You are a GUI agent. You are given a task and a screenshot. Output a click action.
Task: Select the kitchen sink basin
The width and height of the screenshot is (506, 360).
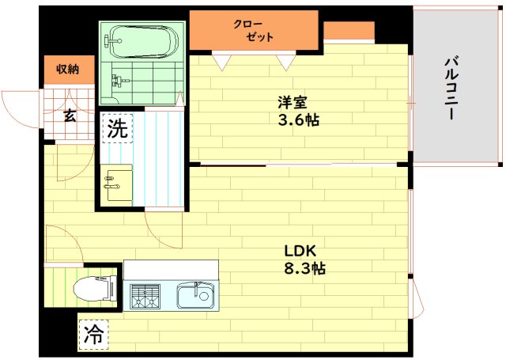197,295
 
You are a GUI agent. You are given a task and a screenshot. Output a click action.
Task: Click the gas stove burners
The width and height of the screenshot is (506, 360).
145,296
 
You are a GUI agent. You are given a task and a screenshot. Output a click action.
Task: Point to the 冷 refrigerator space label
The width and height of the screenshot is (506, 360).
93,335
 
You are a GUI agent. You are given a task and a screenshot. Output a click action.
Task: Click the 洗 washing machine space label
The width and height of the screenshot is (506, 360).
118,128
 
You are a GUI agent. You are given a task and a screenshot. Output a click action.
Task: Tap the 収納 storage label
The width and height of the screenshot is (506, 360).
68,69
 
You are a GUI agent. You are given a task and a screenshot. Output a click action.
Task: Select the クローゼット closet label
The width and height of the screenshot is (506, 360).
254,31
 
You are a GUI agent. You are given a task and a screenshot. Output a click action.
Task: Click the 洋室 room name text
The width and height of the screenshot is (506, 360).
293,102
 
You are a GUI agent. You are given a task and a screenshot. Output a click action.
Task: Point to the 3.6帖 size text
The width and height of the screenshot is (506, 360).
299,120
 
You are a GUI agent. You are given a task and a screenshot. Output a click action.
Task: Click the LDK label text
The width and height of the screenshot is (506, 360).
300,251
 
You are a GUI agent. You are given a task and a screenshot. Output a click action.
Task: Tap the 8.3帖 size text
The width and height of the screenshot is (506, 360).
304,268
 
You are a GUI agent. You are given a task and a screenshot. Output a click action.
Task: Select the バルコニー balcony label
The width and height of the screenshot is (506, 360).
451,89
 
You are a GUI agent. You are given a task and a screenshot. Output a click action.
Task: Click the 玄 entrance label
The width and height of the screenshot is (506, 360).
70,116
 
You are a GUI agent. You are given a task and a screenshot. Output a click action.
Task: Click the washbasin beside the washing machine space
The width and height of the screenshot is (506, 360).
116,185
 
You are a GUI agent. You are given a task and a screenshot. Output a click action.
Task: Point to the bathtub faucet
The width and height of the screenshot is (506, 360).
112,41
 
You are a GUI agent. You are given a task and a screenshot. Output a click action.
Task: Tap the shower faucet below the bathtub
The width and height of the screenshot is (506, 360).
119,81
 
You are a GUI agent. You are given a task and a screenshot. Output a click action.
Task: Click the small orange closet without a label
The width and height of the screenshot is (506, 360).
349,31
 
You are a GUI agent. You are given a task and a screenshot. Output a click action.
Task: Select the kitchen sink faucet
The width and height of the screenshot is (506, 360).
196,289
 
